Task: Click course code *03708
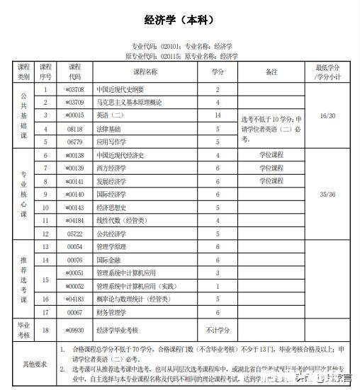(x=74, y=90)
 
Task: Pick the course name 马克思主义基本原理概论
(x=130, y=103)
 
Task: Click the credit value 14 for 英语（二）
(x=218, y=115)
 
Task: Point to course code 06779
(x=74, y=142)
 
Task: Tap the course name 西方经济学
(x=111, y=168)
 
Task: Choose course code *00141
(x=74, y=181)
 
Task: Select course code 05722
(x=74, y=233)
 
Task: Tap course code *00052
(x=74, y=286)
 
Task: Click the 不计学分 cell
(x=218, y=330)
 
